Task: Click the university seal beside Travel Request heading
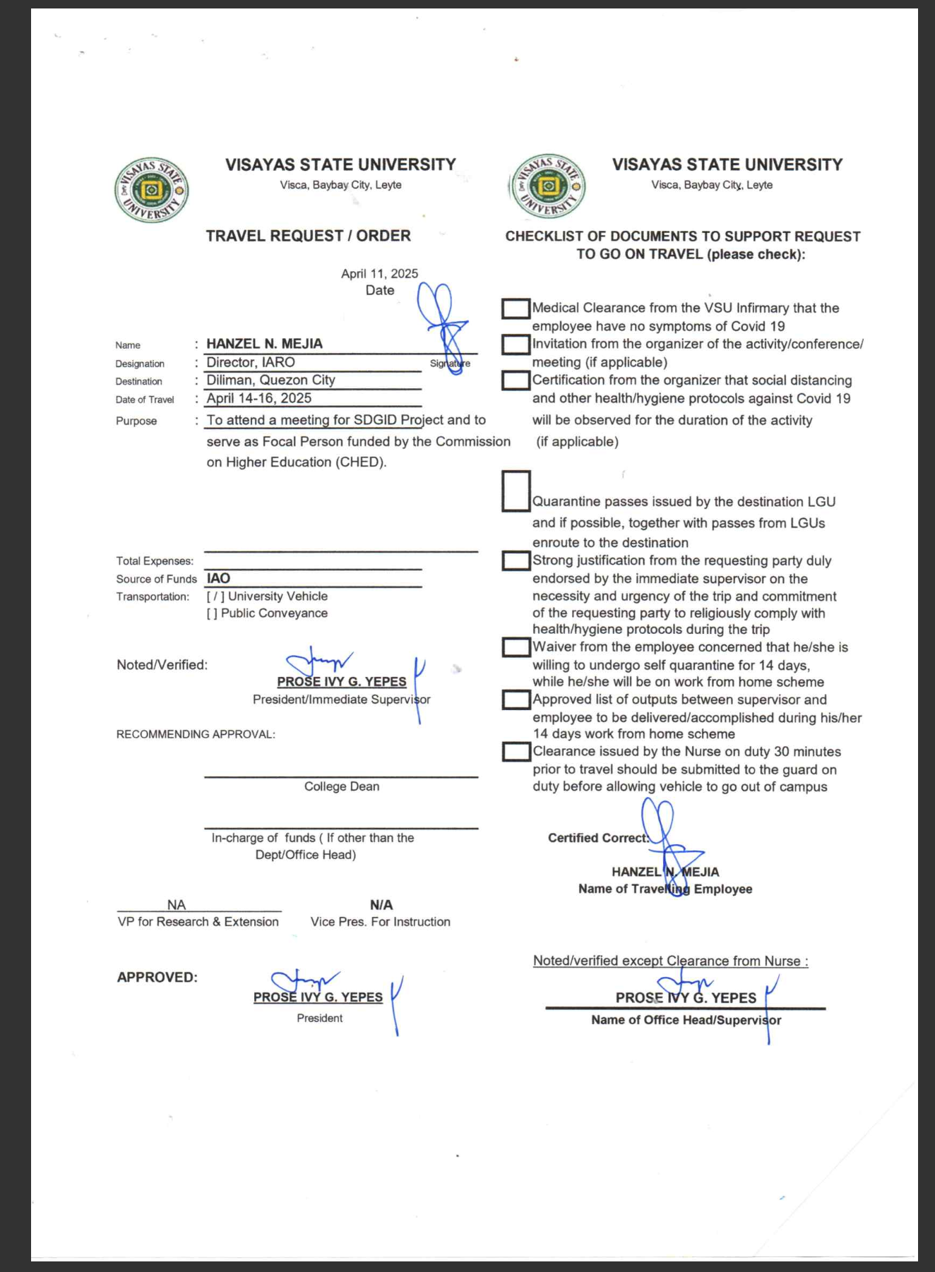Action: (151, 190)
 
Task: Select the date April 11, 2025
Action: (379, 274)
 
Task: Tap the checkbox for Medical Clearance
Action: (516, 308)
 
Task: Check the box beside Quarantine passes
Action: (516, 491)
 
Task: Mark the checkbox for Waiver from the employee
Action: (516, 647)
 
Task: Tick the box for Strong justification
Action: (516, 560)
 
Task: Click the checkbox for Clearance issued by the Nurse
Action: (516, 752)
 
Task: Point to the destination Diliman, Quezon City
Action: (270, 380)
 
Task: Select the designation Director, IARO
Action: (251, 362)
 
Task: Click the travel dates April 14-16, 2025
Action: (258, 398)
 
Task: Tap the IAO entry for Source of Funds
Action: (218, 578)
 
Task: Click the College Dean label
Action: (342, 786)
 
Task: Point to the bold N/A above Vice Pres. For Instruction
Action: (381, 905)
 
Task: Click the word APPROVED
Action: (157, 978)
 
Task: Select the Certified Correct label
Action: (597, 838)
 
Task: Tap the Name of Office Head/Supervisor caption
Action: (686, 1020)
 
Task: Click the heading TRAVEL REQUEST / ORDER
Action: (308, 236)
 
